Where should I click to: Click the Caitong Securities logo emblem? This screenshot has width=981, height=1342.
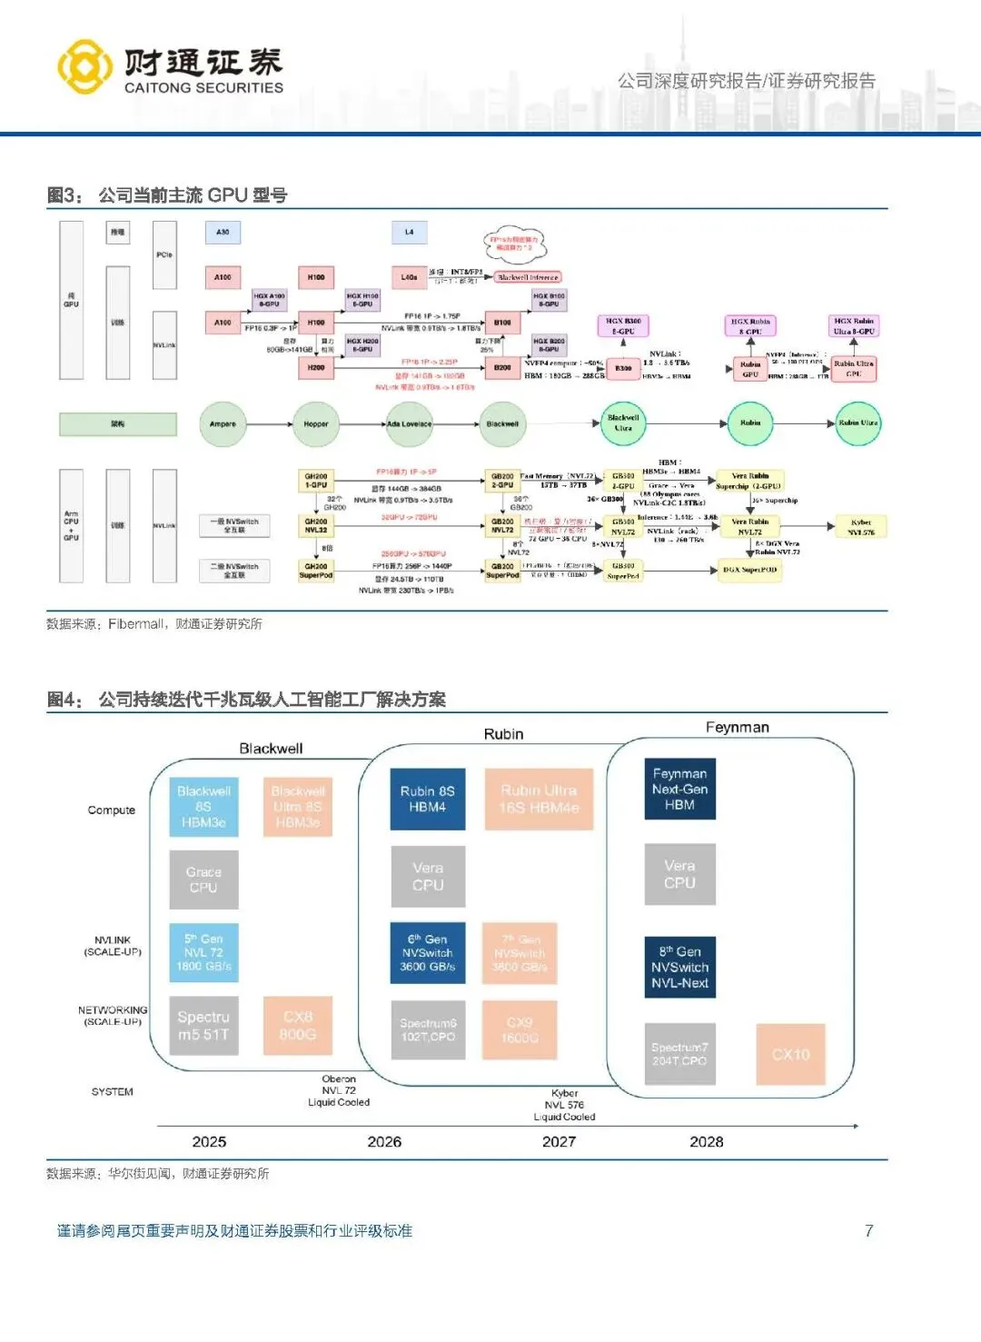[85, 66]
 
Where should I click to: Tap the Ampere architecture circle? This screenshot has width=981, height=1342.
[223, 423]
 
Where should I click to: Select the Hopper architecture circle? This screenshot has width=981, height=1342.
[315, 423]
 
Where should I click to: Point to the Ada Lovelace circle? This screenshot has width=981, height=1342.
[410, 423]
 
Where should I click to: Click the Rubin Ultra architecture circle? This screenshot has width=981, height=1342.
[857, 423]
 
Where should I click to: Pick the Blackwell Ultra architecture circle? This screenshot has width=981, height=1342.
[623, 423]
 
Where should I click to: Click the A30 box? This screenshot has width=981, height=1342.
[223, 233]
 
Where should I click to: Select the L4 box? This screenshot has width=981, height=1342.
[409, 233]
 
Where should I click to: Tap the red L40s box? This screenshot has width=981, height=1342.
[409, 277]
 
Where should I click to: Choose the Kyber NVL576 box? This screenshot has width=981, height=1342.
[860, 527]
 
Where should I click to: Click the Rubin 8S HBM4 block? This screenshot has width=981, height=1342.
[427, 799]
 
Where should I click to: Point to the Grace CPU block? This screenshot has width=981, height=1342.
[203, 880]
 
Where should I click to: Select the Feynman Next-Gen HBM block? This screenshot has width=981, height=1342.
[679, 789]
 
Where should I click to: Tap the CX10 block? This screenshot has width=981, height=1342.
[790, 1054]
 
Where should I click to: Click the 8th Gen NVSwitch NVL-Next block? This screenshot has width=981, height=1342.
[679, 968]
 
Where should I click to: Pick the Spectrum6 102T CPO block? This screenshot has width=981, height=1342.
[428, 1029]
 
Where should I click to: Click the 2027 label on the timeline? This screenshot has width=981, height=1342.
[559, 1142]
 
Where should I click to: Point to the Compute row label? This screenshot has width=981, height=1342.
[112, 810]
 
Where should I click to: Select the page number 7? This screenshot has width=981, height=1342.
[869, 1231]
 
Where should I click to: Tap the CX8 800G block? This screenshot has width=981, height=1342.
[297, 1026]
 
